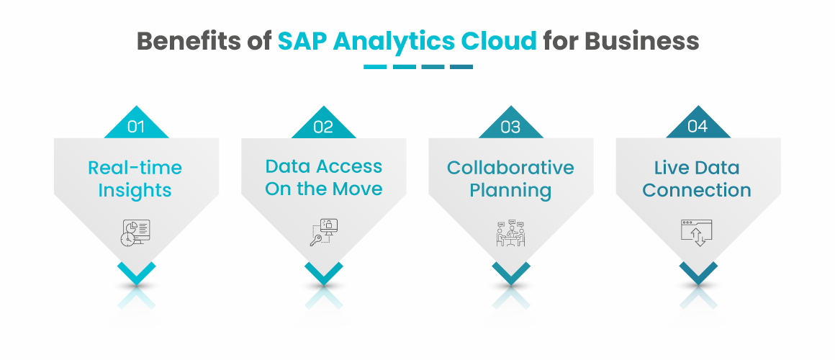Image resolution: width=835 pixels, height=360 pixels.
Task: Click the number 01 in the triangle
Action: coord(136,127)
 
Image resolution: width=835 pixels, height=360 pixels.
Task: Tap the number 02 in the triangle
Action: coord(323,127)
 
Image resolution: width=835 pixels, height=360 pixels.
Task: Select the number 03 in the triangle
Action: coord(510,127)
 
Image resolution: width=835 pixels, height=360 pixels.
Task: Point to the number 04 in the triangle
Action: coord(698,126)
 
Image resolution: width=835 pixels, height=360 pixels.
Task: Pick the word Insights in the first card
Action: coord(135,191)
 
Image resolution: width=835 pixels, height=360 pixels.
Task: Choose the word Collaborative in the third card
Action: coord(510,168)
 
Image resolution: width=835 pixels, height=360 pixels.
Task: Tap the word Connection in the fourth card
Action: coord(697,191)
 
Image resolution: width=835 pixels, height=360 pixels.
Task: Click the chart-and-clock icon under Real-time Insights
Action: coord(135,233)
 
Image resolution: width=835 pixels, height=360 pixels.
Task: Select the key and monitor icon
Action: coord(325,232)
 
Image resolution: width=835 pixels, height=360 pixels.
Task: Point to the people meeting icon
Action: coord(510,233)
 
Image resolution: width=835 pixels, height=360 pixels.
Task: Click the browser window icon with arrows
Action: coord(697,233)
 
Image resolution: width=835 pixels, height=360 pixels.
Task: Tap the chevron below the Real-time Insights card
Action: coord(136,273)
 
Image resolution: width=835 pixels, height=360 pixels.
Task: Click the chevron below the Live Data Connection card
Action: coord(698,273)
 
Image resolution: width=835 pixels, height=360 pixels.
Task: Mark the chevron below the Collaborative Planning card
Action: coord(510,273)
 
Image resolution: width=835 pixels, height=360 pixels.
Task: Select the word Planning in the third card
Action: coord(510,191)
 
